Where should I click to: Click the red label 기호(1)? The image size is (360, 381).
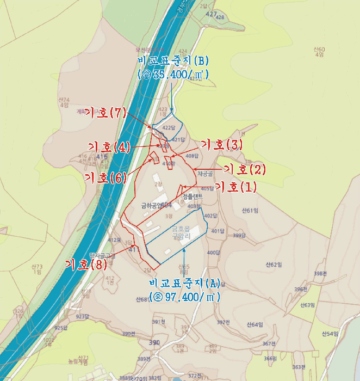pos(235,187)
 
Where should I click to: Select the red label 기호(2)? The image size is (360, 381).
pos(245,169)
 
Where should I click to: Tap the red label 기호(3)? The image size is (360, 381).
pos(221,145)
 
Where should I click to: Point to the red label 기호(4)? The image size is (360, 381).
pos(109,147)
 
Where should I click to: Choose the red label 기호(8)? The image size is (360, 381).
pos(86,265)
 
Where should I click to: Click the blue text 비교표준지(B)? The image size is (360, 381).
pos(174,60)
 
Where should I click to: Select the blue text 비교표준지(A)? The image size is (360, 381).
pos(184,284)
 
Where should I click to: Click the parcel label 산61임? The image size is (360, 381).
pos(250,211)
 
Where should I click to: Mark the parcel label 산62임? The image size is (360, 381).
pos(275,265)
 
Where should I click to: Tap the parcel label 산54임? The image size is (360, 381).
pos(330,333)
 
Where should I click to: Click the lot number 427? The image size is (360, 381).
pos(212,14)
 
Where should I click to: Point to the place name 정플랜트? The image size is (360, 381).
pos(193,196)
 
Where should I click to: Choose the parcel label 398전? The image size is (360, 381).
pos(320,273)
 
